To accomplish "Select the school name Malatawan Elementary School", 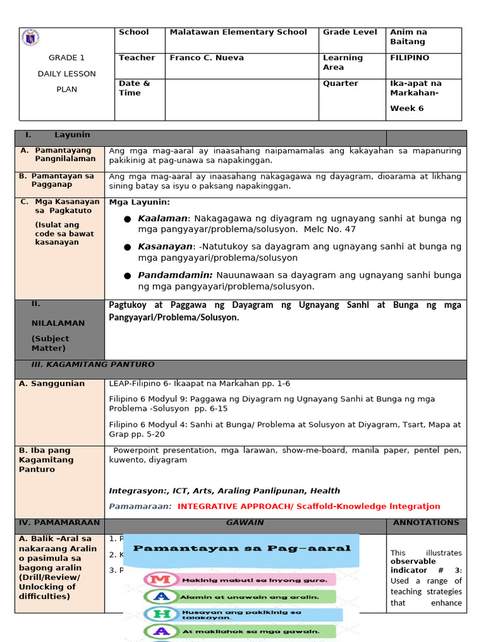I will pos(238,32).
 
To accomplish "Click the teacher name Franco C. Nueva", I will pos(207,58).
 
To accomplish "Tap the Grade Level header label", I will pos(350,32).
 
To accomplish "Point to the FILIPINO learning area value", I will pos(410,58).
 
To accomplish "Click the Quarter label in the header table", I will pos(341,83).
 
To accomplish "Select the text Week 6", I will pos(407,108).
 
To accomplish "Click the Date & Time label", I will pos(134,88).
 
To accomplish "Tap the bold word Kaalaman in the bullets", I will pos(162,219).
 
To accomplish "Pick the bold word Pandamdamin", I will pos(175,275).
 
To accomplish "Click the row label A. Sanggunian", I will pos(51,384).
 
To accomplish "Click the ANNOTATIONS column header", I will pos(426,523).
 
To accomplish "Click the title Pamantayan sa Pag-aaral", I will pos(242,548).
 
